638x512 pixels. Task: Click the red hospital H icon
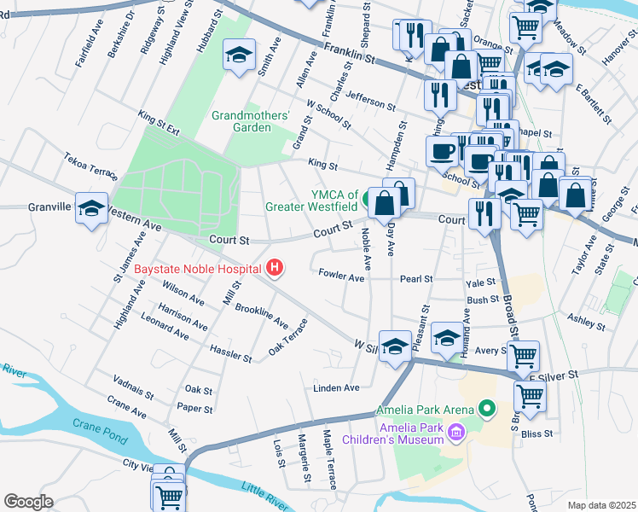(x=274, y=269)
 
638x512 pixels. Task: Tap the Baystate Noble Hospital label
(x=197, y=269)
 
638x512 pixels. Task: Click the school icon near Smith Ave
(x=236, y=56)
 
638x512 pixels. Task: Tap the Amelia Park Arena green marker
(x=487, y=410)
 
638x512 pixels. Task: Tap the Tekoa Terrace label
(x=90, y=166)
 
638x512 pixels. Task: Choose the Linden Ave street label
(x=336, y=387)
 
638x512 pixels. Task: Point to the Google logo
(x=28, y=502)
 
